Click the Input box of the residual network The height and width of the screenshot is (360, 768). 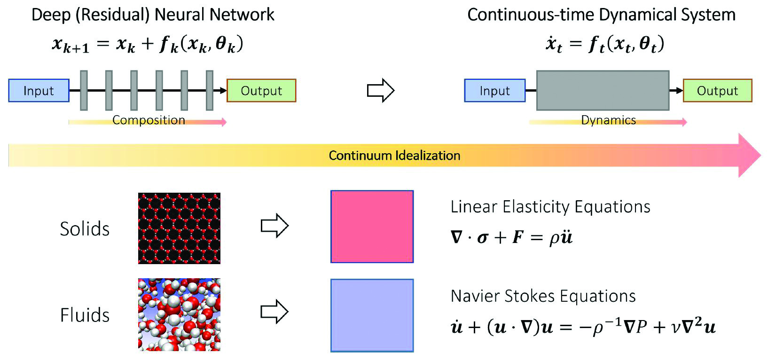point(39,91)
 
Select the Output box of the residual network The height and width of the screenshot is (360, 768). point(261,91)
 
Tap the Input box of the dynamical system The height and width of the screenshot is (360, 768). point(494,91)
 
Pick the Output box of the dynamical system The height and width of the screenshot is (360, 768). point(717,91)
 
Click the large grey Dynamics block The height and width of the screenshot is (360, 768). point(603,91)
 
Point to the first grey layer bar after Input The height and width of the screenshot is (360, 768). point(84,91)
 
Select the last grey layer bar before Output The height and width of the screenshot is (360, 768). point(210,91)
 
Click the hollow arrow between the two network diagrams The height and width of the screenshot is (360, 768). point(380,90)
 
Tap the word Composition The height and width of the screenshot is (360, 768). point(149,120)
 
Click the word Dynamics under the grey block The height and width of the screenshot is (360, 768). point(608,120)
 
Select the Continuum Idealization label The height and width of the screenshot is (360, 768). point(394,156)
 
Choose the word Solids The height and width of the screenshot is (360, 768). point(85,229)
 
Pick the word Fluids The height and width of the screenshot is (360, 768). point(85,315)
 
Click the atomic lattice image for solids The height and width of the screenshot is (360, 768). point(179,228)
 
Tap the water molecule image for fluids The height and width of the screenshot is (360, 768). point(179,314)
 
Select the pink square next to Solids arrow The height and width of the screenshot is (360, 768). point(372,227)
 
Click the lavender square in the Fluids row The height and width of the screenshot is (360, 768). point(372,315)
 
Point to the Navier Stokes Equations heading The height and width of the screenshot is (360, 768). point(543,296)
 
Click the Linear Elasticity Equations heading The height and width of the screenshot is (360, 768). point(550,207)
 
